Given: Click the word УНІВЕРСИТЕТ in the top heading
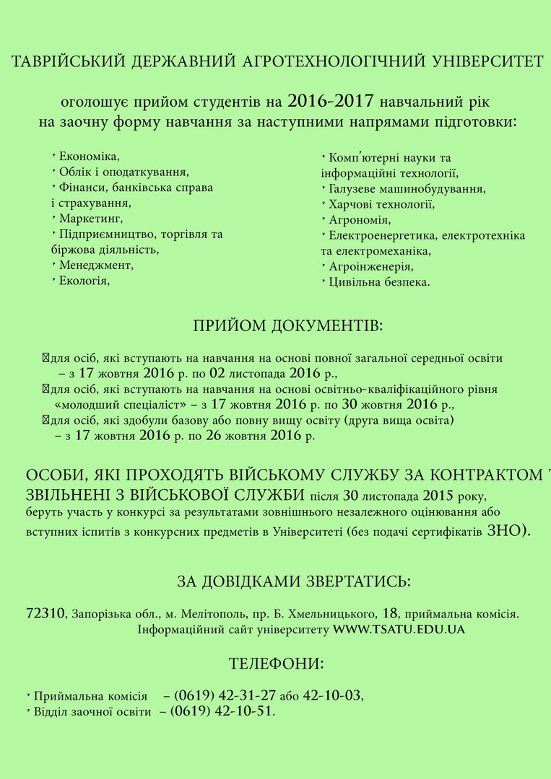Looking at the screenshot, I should tap(486, 62).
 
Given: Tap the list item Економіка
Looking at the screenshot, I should tap(89, 157).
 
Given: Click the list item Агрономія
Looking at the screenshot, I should tap(360, 220).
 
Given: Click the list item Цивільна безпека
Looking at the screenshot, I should tap(379, 283).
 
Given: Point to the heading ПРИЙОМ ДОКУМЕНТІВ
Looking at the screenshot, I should tap(288, 326).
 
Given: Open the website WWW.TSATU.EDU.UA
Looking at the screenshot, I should tap(399, 630).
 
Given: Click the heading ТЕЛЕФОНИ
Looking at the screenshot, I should tap(276, 663).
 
